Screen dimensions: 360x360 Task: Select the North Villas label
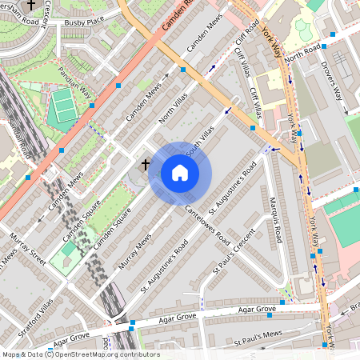click(x=171, y=111)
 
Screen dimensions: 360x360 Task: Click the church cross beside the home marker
click(x=146, y=165)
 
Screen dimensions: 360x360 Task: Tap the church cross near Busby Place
click(x=31, y=5)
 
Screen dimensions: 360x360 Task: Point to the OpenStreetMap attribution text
click(x=80, y=354)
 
